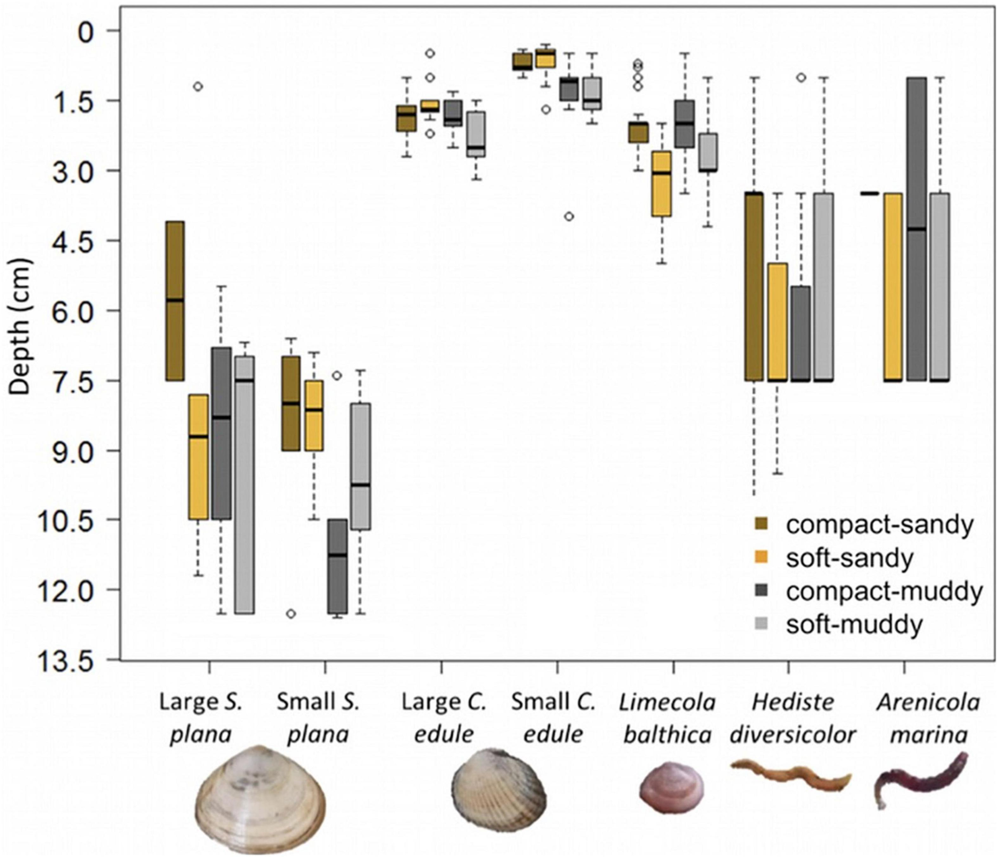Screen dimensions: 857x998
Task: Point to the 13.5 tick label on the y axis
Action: pos(80,660)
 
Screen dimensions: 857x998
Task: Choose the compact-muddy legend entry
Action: pos(884,591)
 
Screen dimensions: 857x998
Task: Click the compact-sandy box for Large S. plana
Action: pos(175,301)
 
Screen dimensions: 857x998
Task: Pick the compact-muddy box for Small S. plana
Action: pos(337,567)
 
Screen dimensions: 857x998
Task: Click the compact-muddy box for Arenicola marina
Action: pos(917,229)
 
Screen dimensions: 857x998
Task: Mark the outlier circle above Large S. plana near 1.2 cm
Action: pos(198,86)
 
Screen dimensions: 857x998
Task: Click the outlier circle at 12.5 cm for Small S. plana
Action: pos(291,614)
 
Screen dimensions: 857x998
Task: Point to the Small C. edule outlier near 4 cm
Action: pos(569,217)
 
